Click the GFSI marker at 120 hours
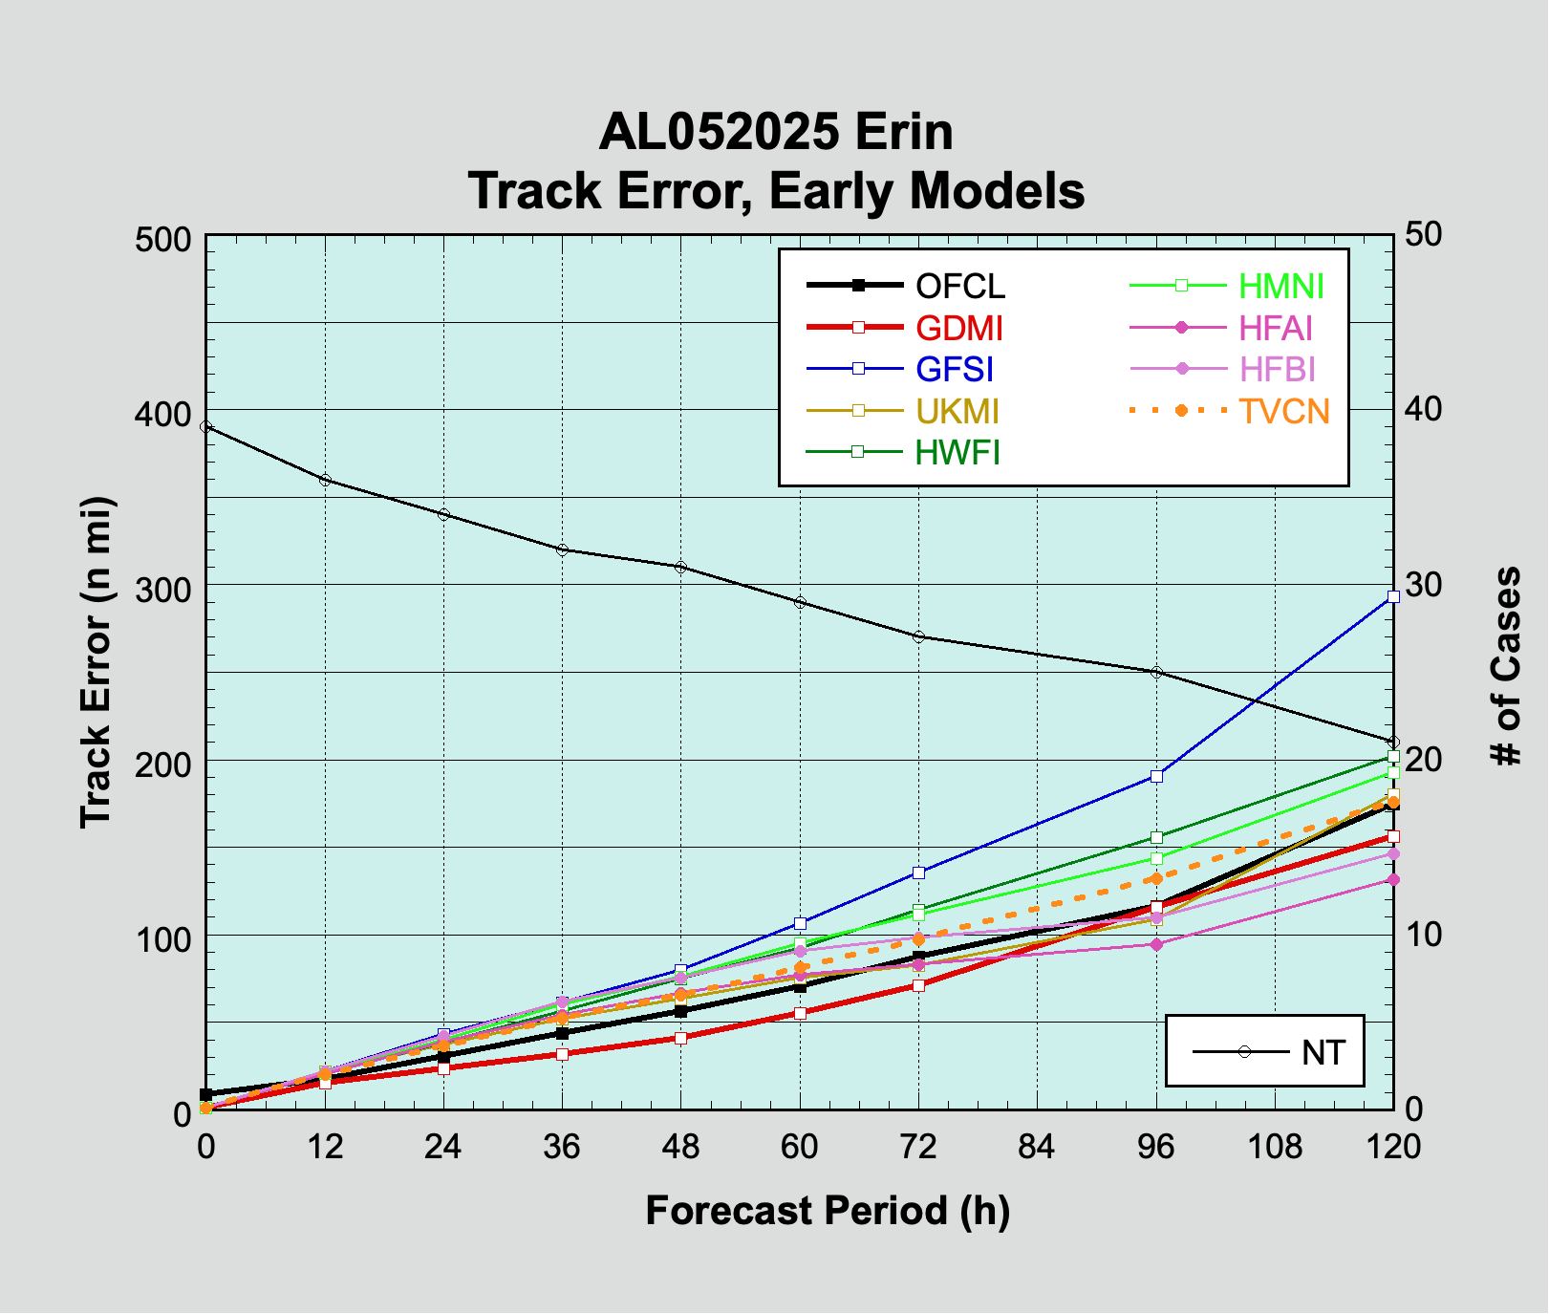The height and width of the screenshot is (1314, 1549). point(1393,596)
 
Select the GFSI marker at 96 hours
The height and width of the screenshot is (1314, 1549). point(1156,776)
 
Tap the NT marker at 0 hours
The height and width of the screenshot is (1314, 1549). point(206,426)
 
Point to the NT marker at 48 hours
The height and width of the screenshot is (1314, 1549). point(681,567)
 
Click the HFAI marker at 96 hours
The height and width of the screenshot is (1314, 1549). point(1156,944)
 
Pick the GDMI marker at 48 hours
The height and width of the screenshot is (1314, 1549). point(681,1038)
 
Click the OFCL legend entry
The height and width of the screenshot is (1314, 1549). point(959,286)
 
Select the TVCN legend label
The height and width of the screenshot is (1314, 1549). point(1283,411)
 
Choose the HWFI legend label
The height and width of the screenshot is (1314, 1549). point(957,452)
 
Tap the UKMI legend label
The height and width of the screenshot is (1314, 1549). point(957,411)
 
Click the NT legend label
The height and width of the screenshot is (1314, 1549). point(1323,1052)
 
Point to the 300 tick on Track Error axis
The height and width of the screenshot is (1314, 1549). point(163,586)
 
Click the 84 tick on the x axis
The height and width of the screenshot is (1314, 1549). point(1037,1145)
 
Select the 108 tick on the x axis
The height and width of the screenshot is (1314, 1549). point(1275,1145)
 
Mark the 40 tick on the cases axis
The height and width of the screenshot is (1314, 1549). point(1426,409)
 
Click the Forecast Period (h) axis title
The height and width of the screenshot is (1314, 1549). point(828,1210)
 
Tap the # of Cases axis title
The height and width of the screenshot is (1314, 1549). point(1507,666)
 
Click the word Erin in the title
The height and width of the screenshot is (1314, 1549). point(903,132)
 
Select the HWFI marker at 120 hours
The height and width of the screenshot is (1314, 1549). point(1393,757)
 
